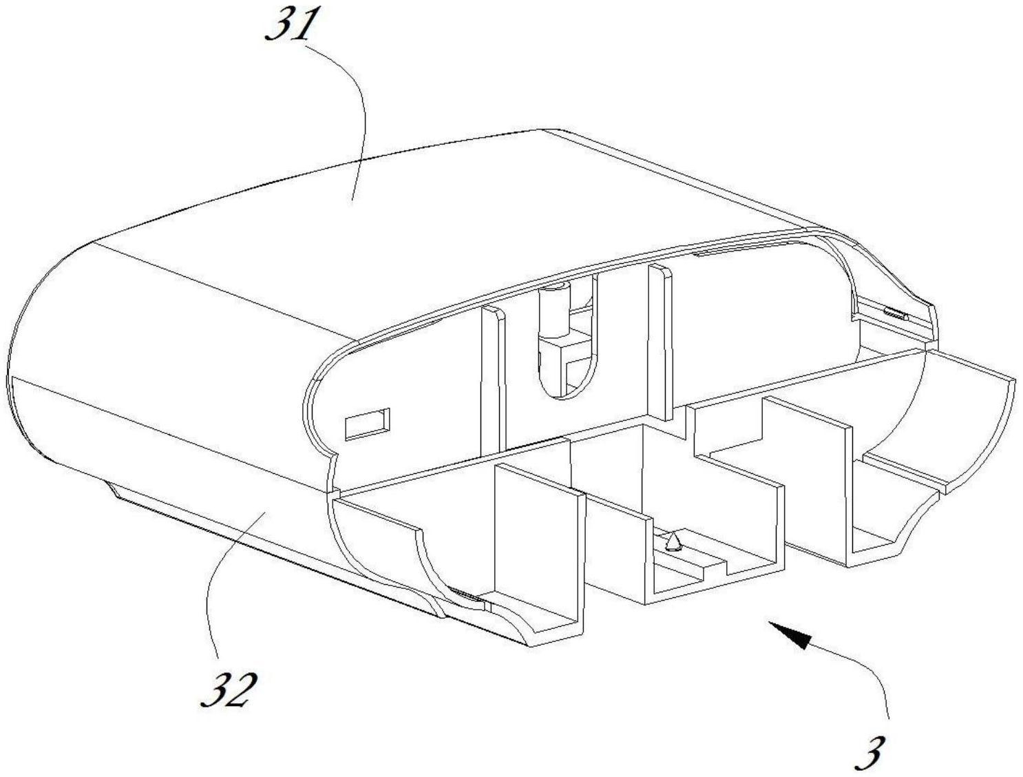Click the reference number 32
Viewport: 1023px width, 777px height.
[227, 690]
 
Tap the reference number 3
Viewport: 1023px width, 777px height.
[872, 754]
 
